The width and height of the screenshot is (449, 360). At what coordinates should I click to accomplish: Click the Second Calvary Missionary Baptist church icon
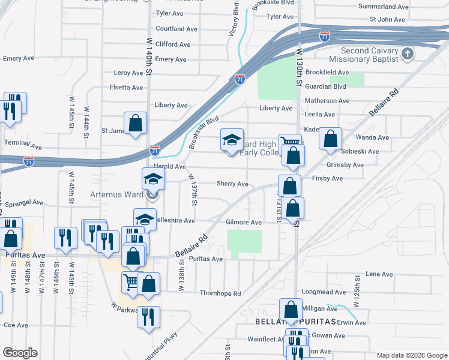tap(408, 55)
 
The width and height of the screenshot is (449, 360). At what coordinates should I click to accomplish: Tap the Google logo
tap(20, 353)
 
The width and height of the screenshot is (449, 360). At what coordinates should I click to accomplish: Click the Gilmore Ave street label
tap(244, 223)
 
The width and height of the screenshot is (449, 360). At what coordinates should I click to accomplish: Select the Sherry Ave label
tap(232, 184)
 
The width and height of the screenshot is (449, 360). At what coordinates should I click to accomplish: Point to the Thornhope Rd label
tap(220, 294)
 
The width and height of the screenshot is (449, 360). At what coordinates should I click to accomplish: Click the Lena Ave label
tap(379, 274)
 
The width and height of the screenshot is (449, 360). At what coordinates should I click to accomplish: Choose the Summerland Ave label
tap(383, 7)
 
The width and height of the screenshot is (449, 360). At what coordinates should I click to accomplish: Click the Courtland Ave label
tap(176, 29)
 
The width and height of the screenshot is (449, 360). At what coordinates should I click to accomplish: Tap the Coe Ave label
tap(16, 325)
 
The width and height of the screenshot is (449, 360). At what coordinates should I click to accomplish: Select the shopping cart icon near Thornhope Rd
tap(131, 281)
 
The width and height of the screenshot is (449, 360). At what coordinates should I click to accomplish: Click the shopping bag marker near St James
tap(136, 123)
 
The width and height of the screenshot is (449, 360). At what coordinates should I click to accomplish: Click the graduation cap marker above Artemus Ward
tap(153, 179)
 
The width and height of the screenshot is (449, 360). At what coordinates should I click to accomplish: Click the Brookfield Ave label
tap(327, 72)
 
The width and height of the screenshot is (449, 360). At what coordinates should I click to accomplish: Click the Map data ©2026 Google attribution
tap(411, 355)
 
